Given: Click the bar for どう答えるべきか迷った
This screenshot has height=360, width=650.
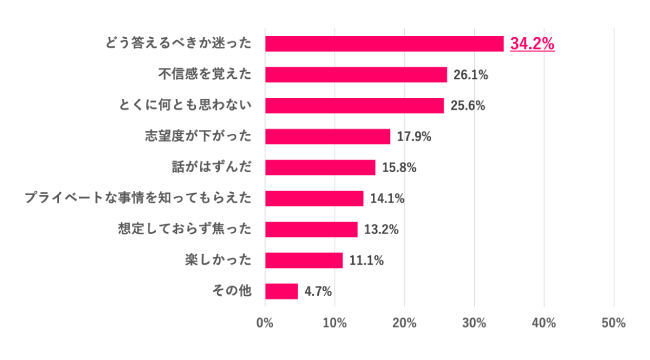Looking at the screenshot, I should tap(384, 44).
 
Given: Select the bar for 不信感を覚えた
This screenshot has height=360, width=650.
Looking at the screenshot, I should tap(356, 75).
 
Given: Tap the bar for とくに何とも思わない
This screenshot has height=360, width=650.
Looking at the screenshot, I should tap(354, 106).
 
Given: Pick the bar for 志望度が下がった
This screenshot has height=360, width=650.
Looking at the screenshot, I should tap(327, 137).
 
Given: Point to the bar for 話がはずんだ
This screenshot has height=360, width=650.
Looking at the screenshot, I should tap(320, 168).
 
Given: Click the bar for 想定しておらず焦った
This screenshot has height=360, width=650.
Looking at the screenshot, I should tap(311, 230).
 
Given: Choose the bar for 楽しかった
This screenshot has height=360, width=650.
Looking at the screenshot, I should tap(304, 261).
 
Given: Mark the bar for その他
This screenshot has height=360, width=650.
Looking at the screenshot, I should tap(281, 292).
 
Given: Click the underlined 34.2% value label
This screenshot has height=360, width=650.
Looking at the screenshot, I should tap(532, 44).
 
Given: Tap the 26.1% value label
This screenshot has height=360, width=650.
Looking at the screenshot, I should tap(470, 75).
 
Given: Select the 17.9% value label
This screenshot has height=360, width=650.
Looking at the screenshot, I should tap(413, 137).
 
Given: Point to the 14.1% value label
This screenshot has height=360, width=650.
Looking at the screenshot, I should tap(386, 199).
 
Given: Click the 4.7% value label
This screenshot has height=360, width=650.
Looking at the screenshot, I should tap(317, 292).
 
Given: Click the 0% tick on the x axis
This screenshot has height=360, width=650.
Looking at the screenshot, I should tap(265, 323).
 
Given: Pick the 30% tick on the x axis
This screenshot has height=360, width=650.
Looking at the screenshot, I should tap(474, 323).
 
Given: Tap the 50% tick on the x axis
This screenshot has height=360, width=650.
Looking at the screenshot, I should tap(614, 323).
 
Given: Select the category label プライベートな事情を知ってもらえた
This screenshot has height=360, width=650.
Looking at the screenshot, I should tap(138, 199).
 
